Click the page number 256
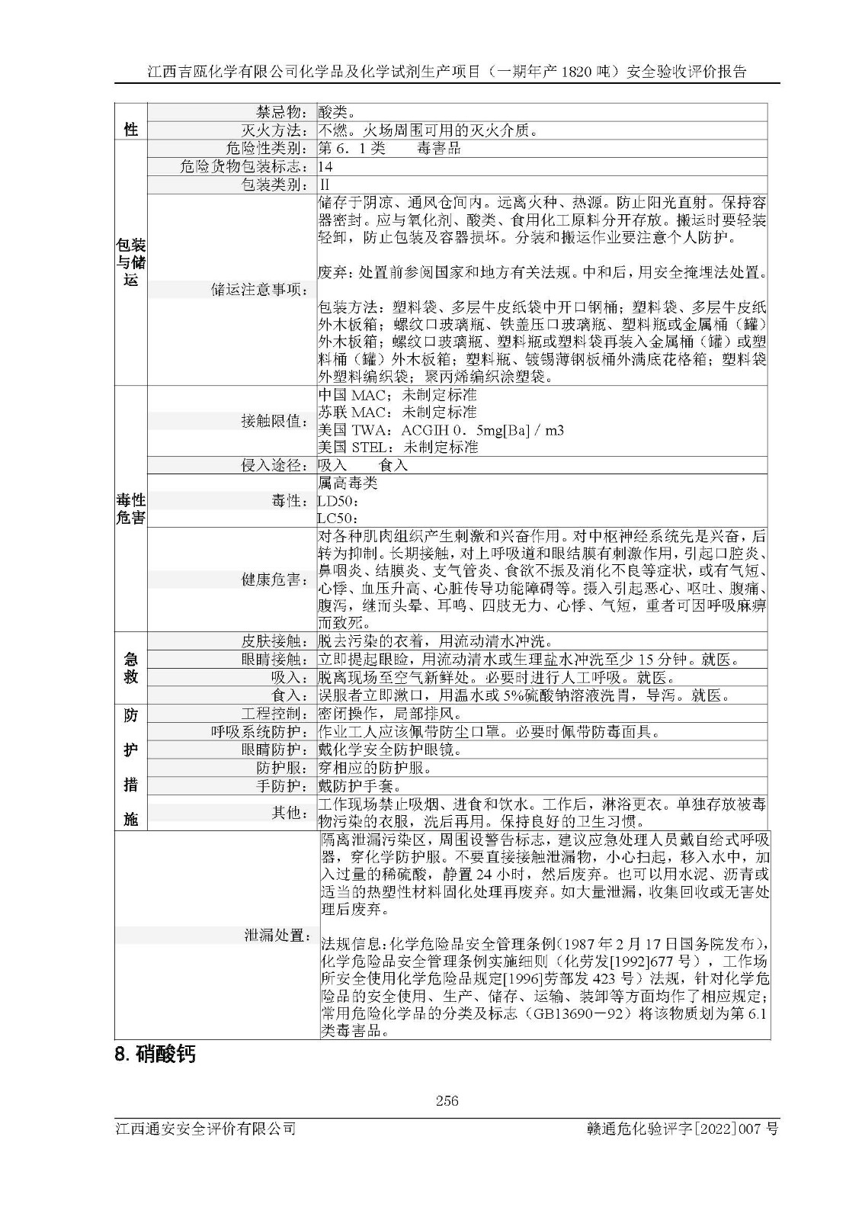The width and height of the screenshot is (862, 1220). pyautogui.click(x=447, y=1100)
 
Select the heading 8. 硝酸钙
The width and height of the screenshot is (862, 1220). pyautogui.click(x=155, y=1055)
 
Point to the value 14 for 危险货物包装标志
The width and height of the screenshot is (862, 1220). pyautogui.click(x=325, y=166)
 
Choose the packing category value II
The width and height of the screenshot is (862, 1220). pyautogui.click(x=325, y=185)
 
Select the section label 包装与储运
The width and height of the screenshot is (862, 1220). pyautogui.click(x=130, y=262)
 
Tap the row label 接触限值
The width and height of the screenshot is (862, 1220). pyautogui.click(x=274, y=421)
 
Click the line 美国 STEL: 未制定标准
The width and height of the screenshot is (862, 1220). pyautogui.click(x=398, y=447)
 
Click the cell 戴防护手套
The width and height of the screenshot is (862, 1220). pyautogui.click(x=359, y=786)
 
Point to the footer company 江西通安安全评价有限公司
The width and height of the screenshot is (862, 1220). pyautogui.click(x=204, y=1129)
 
